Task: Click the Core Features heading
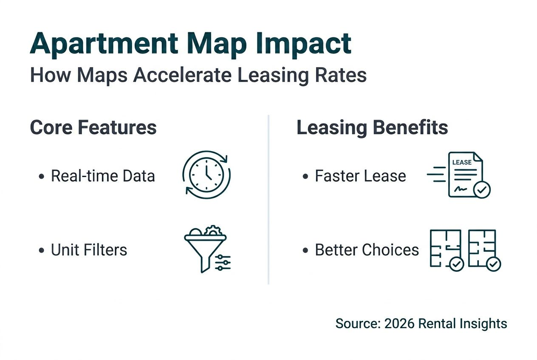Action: tap(93, 128)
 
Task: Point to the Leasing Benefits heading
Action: tap(372, 128)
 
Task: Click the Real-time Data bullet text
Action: tap(103, 176)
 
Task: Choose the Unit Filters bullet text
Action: tap(89, 250)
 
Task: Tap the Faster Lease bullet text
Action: tap(360, 176)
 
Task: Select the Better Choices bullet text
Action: tap(367, 250)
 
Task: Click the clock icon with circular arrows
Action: tap(206, 173)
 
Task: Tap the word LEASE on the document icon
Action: tap(462, 163)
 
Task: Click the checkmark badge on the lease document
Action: tap(482, 190)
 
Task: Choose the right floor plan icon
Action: tap(483, 250)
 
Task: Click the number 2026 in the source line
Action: tap(399, 323)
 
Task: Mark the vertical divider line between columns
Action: tap(268, 200)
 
